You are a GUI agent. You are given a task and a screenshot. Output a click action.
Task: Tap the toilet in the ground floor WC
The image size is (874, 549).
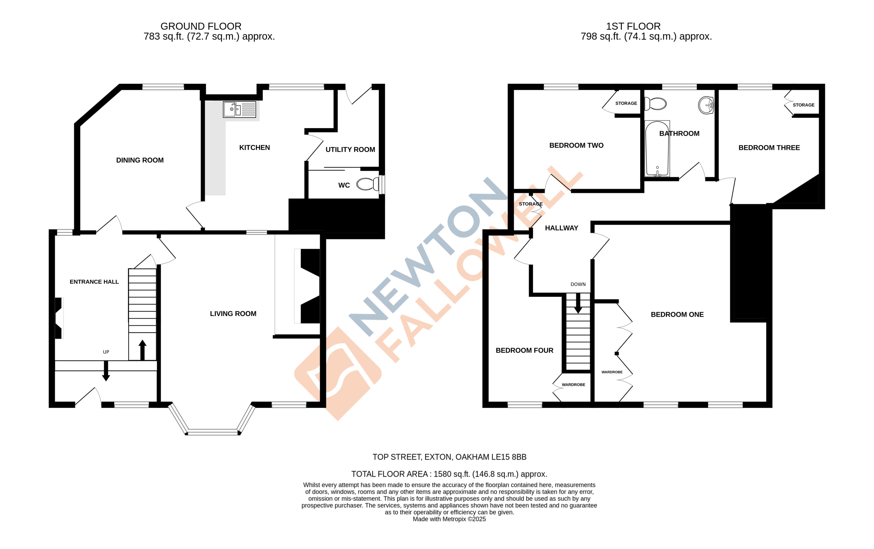coord(367,184)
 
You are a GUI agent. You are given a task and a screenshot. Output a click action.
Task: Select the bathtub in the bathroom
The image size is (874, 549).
coord(657,149)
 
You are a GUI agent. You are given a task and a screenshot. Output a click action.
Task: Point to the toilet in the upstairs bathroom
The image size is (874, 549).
coord(655,104)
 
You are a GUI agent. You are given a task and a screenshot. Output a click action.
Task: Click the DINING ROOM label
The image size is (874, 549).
coord(140,160)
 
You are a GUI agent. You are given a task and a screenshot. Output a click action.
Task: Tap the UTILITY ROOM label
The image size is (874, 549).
coord(350,150)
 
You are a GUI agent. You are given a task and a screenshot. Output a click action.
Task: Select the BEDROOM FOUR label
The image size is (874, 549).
coord(524,350)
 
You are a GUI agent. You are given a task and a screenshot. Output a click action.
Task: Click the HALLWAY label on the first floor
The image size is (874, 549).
coord(561,228)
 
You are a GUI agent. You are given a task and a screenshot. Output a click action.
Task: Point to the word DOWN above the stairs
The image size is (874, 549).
coord(578,284)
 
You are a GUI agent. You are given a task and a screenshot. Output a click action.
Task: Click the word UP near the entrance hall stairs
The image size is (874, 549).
coord(106,352)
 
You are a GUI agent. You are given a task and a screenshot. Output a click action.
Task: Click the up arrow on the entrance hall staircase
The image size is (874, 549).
coord(142,350)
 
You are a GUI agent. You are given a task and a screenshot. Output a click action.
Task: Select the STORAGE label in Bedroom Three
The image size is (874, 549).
coord(803,105)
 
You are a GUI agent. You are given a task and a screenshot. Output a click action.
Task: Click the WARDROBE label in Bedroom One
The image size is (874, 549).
coord(612,372)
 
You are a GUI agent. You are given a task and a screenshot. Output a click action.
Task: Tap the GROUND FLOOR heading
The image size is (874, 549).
coord(201,26)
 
